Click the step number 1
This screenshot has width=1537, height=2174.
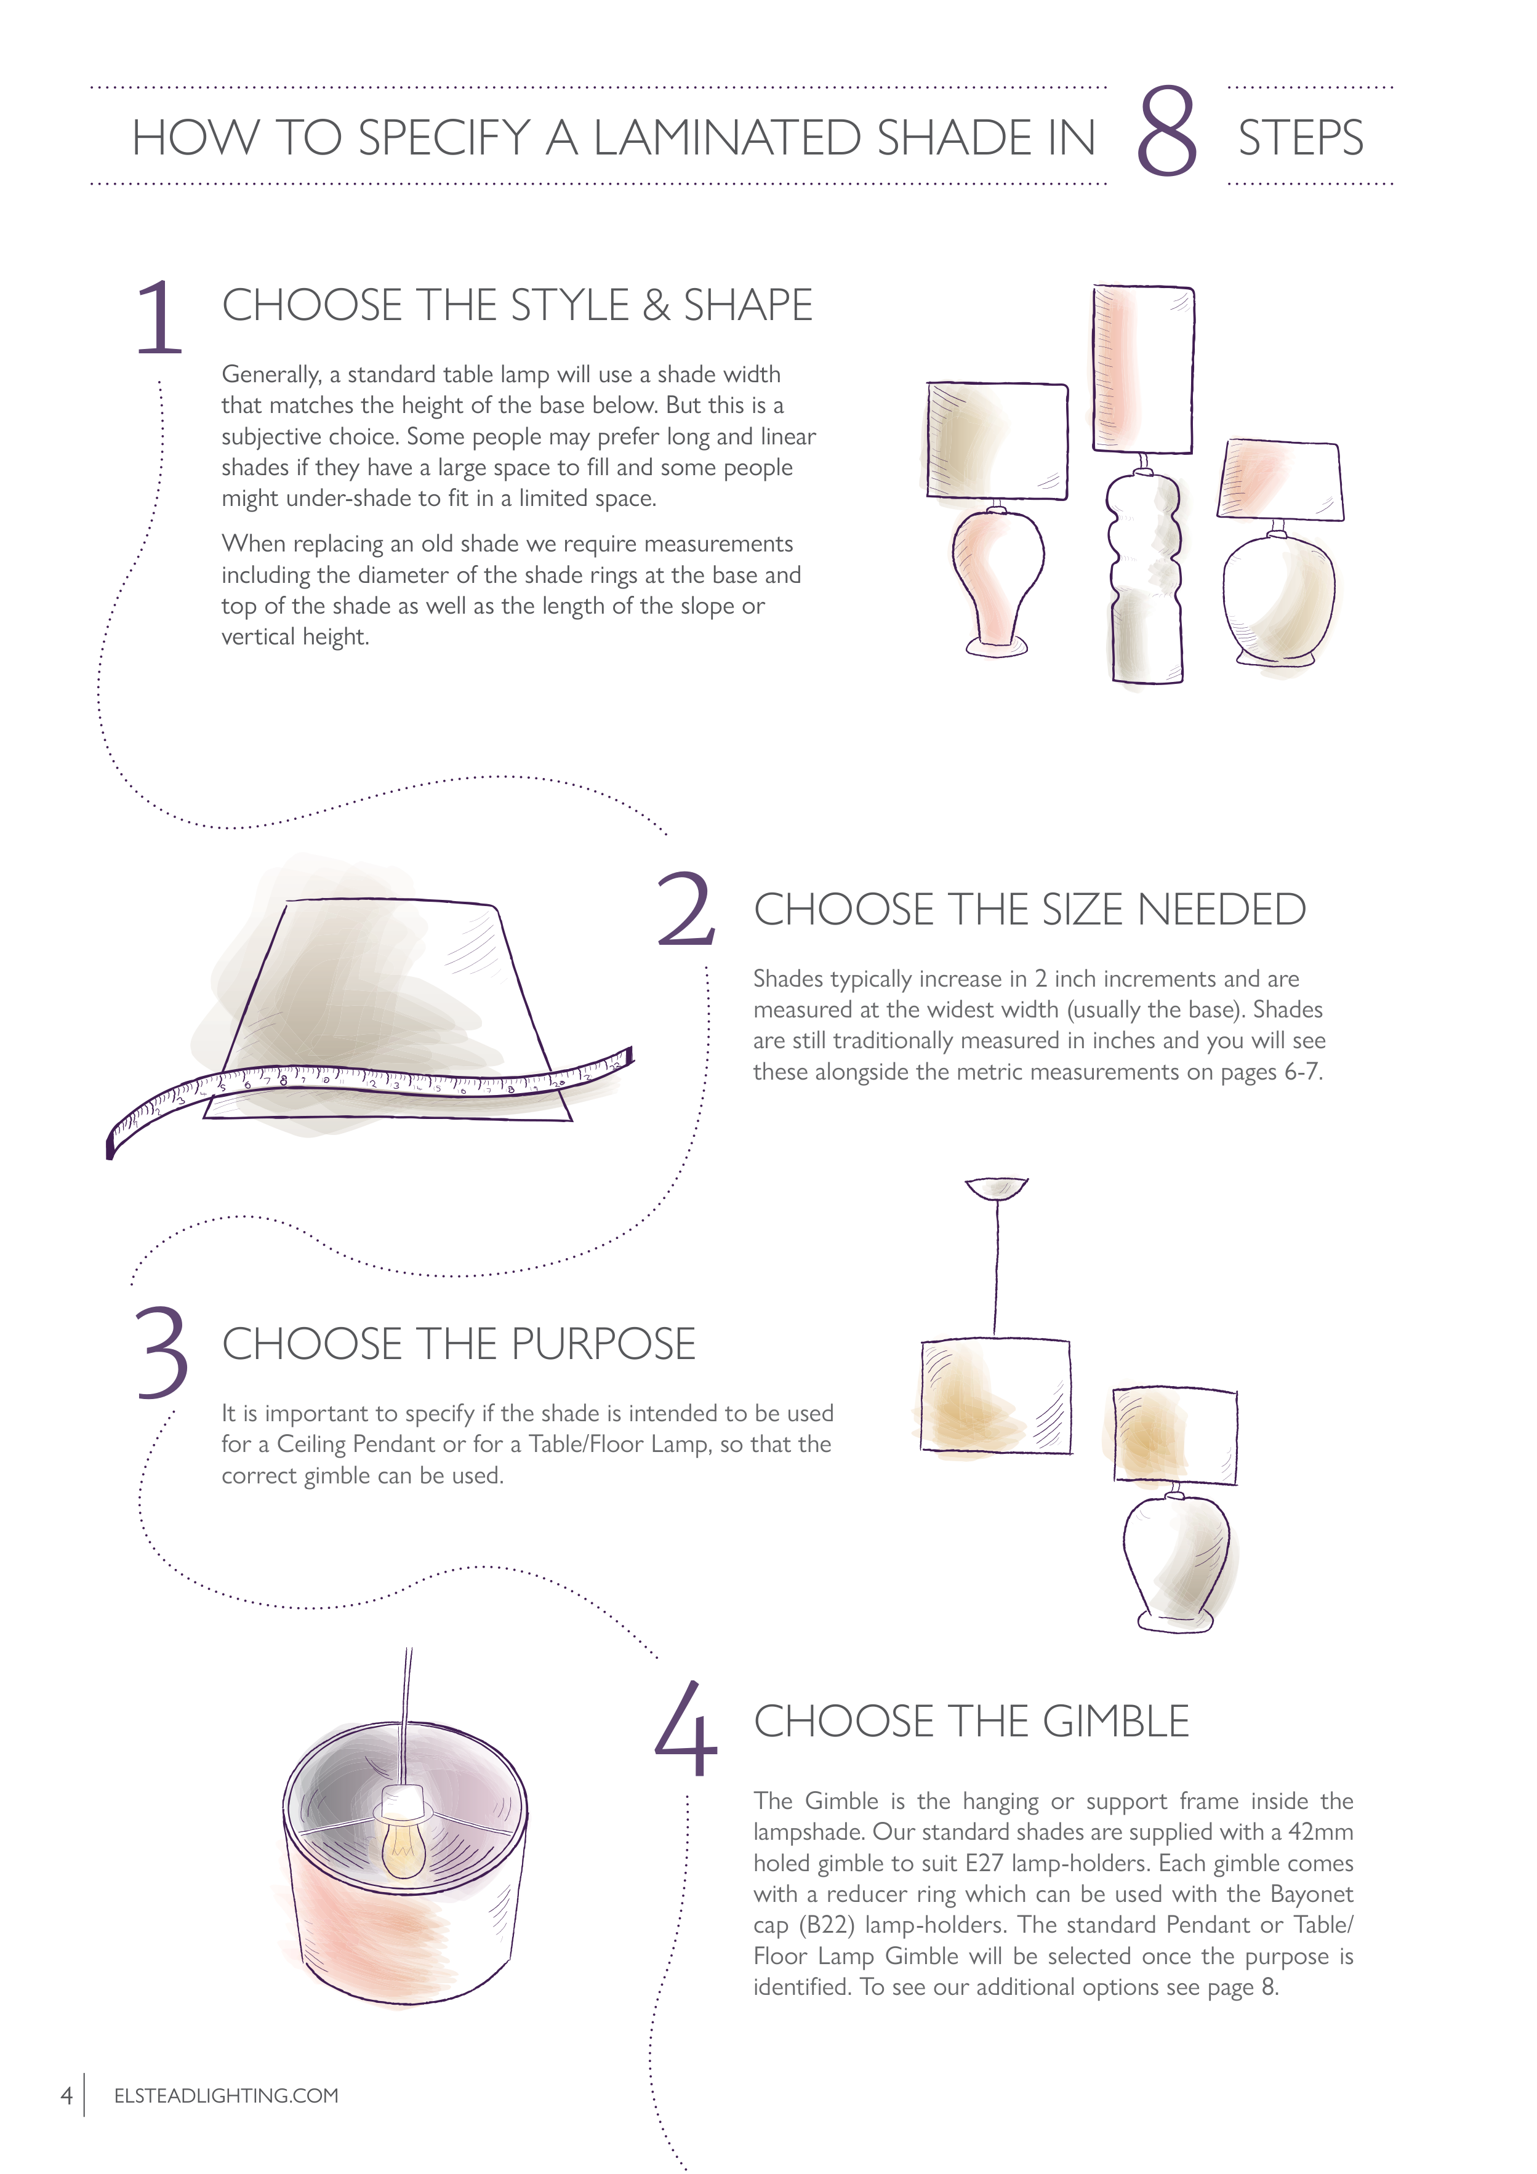click(158, 318)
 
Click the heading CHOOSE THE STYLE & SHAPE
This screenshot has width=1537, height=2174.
click(517, 305)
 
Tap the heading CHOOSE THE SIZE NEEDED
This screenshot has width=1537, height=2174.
click(1029, 909)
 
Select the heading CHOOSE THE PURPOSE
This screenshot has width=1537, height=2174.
click(459, 1344)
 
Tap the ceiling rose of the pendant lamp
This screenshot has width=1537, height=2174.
click(997, 1189)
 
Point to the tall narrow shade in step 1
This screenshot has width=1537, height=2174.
click(1143, 369)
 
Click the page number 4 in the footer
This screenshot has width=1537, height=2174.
click(66, 2095)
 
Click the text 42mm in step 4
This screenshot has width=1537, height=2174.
click(1320, 1832)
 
